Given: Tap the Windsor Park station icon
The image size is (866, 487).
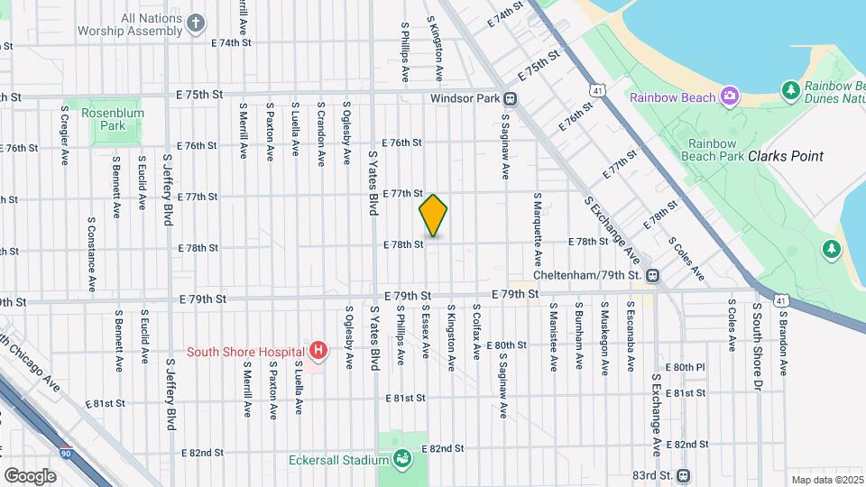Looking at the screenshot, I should coord(511,98).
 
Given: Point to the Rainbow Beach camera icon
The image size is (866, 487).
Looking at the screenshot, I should coord(729,96).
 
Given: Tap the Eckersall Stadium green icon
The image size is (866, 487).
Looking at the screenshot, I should coord(402,460).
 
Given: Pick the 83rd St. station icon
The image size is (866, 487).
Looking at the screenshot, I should coord(683,475).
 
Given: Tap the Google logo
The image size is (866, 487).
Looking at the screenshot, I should coord(30,475).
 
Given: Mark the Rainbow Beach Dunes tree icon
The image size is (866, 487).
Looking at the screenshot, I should coord(790,89).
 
